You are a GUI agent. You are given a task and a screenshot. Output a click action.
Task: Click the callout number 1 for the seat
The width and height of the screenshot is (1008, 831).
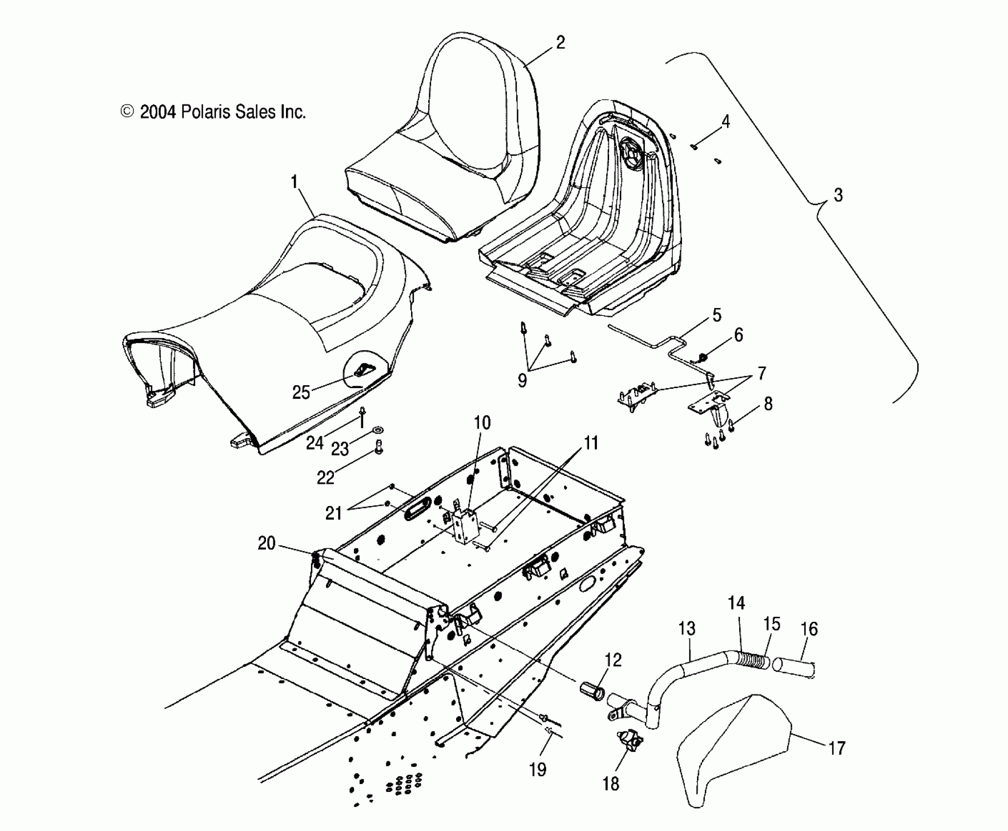pyautogui.click(x=294, y=183)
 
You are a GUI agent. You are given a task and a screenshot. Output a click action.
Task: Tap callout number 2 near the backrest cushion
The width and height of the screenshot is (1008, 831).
pyautogui.click(x=560, y=43)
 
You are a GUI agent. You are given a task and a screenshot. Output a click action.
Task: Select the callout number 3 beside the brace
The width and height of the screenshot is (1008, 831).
pyautogui.click(x=838, y=195)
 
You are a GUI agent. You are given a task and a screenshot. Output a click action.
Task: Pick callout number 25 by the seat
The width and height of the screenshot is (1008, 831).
pyautogui.click(x=301, y=392)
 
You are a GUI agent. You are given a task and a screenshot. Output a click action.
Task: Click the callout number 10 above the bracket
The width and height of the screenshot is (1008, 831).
pyautogui.click(x=482, y=423)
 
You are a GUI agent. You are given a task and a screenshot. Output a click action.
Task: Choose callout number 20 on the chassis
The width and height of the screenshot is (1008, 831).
pyautogui.click(x=267, y=543)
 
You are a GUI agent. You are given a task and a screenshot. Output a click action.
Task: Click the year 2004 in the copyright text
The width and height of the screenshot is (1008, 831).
pyautogui.click(x=157, y=112)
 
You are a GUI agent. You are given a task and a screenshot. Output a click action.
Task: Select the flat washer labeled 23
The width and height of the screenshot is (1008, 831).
pyautogui.click(x=378, y=430)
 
